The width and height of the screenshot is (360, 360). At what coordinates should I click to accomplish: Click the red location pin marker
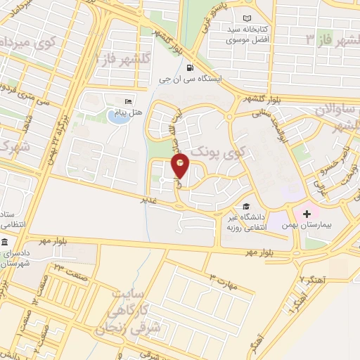(181, 166)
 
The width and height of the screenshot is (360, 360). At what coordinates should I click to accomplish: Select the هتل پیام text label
(129, 112)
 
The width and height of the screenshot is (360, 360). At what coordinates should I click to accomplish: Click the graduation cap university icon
(245, 206)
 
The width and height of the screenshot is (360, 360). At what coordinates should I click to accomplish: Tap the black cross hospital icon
(307, 213)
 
